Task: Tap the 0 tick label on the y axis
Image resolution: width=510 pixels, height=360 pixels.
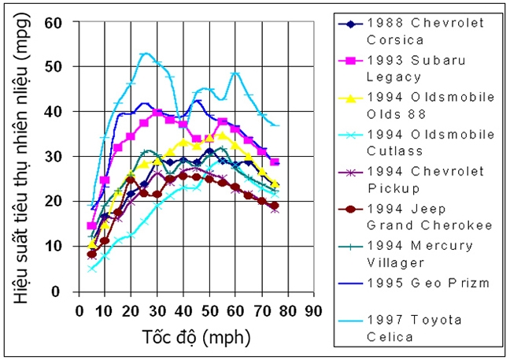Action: point(57,291)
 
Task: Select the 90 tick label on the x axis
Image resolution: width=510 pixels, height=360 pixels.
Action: point(313,310)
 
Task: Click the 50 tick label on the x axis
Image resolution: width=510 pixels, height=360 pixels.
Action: point(209,310)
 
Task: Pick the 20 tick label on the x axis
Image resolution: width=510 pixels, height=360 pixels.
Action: point(131,310)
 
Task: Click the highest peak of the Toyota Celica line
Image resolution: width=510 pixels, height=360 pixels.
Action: point(145,54)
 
